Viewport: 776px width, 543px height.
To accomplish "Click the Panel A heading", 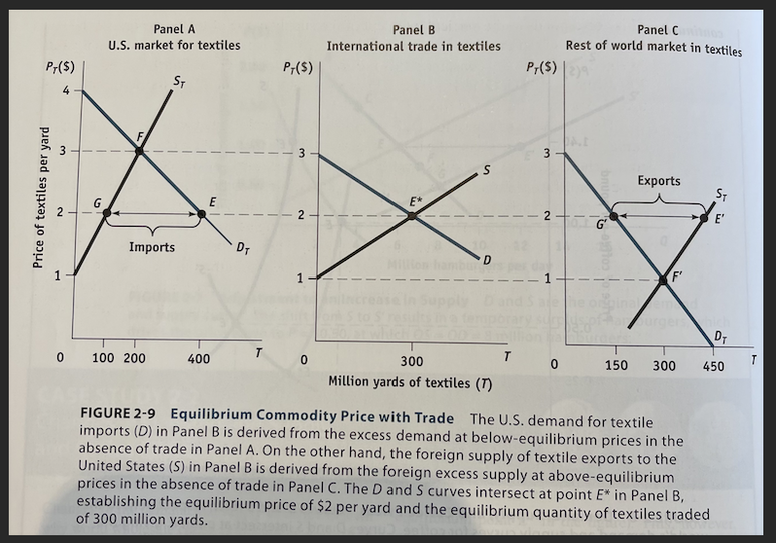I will [x=174, y=28].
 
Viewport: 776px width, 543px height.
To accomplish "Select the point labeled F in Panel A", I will [x=140, y=151].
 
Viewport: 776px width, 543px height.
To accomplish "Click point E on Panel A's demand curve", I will [x=201, y=213].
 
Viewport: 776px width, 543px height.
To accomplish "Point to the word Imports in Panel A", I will [x=153, y=247].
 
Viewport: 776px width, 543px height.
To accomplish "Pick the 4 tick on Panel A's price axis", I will [x=65, y=90].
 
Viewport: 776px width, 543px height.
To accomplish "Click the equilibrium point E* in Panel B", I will [x=413, y=215].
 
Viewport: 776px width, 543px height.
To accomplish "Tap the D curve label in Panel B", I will [x=488, y=257].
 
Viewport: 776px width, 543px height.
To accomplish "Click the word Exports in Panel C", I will [x=659, y=181].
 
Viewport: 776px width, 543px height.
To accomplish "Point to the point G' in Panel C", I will [x=615, y=216].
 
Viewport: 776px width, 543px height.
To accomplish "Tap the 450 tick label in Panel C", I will [x=714, y=364].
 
